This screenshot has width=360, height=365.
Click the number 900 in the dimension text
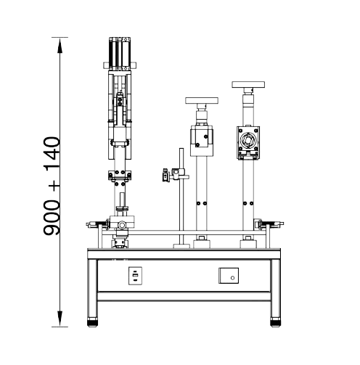pos(52,218)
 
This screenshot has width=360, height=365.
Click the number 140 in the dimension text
pos(52,154)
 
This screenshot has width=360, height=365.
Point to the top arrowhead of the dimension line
pos(60,45)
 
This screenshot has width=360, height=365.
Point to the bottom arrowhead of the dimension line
pos(60,319)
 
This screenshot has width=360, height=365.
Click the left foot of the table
pos(92,323)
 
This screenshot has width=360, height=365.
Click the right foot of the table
pos(275,323)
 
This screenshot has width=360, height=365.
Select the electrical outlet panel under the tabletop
pos(135,276)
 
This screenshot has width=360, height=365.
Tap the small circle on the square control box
pos(232,278)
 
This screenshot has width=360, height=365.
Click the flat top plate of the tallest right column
pos(248,85)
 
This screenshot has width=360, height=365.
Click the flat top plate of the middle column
pos(202,101)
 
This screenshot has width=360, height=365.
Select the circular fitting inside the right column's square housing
pos(248,140)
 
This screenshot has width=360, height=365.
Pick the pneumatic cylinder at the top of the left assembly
pos(120,54)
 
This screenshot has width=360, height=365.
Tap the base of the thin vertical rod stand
pos(181,246)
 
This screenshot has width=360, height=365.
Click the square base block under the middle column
pos(202,244)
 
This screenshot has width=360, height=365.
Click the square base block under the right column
pos(248,244)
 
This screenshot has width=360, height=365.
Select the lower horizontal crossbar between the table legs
pos(184,297)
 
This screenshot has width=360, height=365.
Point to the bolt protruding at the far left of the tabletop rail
pos(89,225)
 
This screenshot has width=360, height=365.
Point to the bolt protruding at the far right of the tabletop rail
pos(282,223)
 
